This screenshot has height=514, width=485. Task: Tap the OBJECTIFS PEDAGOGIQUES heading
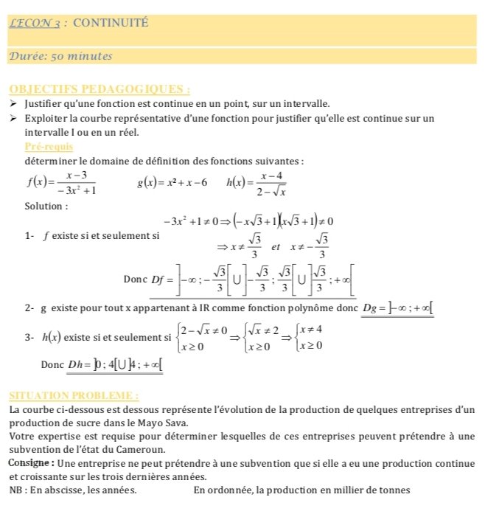100,90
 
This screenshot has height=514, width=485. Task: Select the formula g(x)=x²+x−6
172,182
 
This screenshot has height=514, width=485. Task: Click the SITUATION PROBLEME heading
72,395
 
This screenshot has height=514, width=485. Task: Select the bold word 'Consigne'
30,462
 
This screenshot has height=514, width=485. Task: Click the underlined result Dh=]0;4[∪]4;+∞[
115,364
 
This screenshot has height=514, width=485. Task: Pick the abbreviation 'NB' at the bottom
15,489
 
